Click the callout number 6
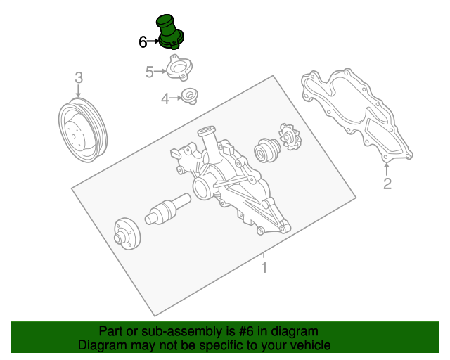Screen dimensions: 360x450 tap(143, 42)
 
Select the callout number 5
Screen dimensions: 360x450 tap(149, 71)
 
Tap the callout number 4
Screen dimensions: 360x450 tap(165, 99)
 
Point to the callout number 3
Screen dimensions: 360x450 tap(78, 77)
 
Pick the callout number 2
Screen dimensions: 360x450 tap(387, 184)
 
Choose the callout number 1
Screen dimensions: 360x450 tap(264, 267)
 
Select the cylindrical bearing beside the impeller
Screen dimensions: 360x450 tap(267, 150)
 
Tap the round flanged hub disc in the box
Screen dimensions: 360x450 tap(127, 233)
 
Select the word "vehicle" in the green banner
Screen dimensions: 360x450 tap(309, 345)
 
